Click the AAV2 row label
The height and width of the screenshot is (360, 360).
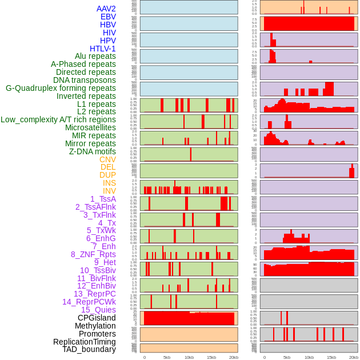[106, 9]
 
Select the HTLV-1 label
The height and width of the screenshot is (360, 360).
[103, 49]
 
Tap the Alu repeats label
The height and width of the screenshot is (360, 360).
[95, 56]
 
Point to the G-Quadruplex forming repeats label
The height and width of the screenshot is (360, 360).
[61, 88]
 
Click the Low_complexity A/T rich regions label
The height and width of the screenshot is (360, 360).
[58, 119]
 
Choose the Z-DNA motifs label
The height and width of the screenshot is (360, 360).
[93, 151]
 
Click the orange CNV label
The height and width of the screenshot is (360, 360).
[107, 159]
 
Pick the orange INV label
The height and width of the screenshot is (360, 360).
[109, 191]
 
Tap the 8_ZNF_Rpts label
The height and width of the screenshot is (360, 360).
[93, 254]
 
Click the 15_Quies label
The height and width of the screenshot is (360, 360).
[98, 310]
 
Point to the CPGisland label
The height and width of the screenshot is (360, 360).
[97, 318]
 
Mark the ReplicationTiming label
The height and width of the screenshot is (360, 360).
[85, 342]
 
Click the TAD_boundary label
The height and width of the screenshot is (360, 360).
[89, 349]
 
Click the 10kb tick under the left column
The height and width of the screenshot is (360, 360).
[189, 357]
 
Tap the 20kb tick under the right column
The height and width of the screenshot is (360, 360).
[354, 357]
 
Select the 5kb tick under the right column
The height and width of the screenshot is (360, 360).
[287, 357]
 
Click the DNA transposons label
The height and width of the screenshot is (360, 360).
[85, 80]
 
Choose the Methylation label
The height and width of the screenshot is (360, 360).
[91, 326]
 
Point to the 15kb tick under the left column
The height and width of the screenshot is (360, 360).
[211, 357]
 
